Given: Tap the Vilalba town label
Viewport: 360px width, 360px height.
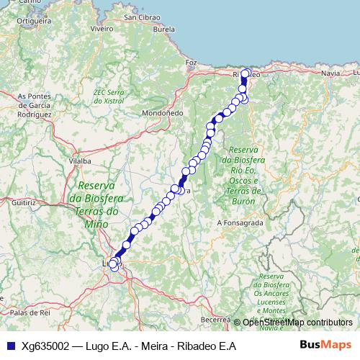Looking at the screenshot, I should coord(81,162).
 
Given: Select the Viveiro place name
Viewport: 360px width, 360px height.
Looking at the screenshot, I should coord(103,29).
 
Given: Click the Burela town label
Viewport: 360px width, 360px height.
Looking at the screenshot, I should coord(164,30).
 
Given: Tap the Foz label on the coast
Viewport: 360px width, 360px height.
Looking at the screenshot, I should coord(191,63).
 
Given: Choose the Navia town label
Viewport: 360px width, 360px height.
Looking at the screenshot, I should coord(330,73).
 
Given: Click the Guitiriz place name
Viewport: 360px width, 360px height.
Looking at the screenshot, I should coord(23,204).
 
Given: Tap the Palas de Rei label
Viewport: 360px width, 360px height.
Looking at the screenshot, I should coord(28,312).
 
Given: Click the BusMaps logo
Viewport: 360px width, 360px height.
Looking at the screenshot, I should coord(326,345).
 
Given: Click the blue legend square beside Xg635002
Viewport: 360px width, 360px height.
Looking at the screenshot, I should coord(10,346).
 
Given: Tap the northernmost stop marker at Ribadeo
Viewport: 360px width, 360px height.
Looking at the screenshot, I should coord(246,73).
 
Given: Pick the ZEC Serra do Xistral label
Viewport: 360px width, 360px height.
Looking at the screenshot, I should coord(109,96).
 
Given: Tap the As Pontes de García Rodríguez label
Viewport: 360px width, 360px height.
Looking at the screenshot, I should coord(34,105).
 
